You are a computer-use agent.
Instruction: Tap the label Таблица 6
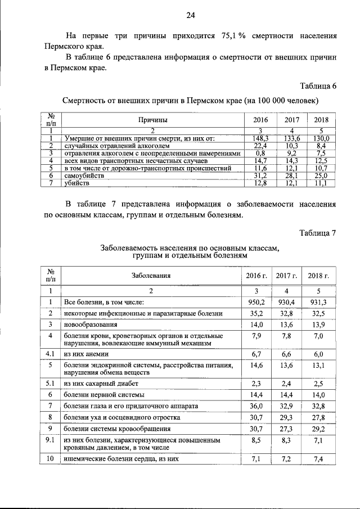tap(318, 86)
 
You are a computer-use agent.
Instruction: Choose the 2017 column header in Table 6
tap(291, 120)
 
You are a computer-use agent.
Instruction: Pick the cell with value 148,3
tap(260, 137)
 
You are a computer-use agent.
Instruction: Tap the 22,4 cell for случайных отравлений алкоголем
tap(260, 145)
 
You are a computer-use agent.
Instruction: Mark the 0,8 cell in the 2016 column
tap(260, 152)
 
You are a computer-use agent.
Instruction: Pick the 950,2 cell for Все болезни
tap(256, 302)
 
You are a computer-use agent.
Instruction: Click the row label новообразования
tap(90, 325)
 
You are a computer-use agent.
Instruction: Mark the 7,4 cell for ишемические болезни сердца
tap(318, 459)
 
